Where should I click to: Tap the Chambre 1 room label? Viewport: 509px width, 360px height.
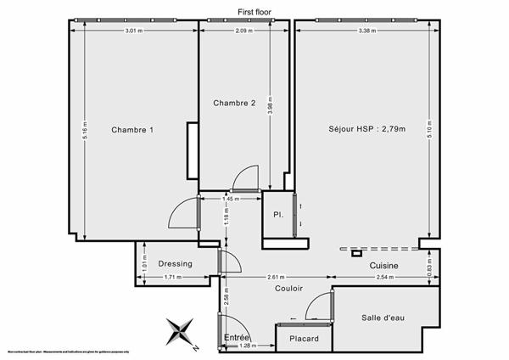click(132, 130)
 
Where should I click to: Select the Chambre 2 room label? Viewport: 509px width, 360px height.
click(234, 104)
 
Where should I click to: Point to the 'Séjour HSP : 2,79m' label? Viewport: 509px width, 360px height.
click(367, 130)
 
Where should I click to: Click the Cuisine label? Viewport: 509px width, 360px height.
click(384, 266)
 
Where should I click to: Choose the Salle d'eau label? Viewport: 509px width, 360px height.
click(384, 318)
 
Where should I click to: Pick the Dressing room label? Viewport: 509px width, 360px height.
click(175, 263)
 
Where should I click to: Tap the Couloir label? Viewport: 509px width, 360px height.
click(289, 288)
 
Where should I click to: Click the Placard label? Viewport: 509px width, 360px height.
click(303, 339)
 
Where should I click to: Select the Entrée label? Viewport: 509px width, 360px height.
click(237, 337)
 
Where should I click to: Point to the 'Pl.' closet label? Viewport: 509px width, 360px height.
click(277, 216)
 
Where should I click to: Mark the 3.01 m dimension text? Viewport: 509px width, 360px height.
click(133, 31)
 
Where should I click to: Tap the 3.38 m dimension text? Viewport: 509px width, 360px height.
click(367, 31)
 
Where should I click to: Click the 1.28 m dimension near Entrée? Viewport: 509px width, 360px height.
click(247, 346)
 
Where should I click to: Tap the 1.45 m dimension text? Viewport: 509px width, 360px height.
click(230, 199)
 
